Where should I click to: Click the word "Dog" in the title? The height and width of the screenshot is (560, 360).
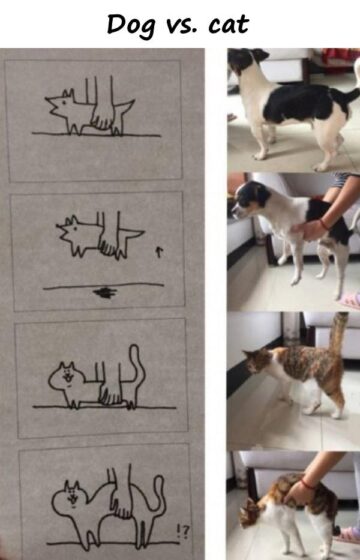tap(131, 26)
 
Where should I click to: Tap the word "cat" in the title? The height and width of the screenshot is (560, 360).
tap(229, 25)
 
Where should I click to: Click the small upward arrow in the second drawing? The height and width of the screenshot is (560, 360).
tap(159, 252)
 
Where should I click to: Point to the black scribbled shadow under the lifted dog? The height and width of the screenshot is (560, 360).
tap(105, 292)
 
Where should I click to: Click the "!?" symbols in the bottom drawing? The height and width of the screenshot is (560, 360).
tap(182, 532)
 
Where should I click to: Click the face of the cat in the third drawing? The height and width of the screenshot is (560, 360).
tap(68, 378)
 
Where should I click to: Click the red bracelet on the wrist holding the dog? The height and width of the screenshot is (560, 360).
tap(324, 224)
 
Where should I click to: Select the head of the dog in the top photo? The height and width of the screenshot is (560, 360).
tap(246, 60)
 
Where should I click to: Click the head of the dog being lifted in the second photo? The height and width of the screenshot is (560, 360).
tap(250, 198)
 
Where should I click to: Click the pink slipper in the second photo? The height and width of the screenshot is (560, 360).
tap(350, 301)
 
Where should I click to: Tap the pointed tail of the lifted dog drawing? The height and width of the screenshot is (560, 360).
tap(133, 234)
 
